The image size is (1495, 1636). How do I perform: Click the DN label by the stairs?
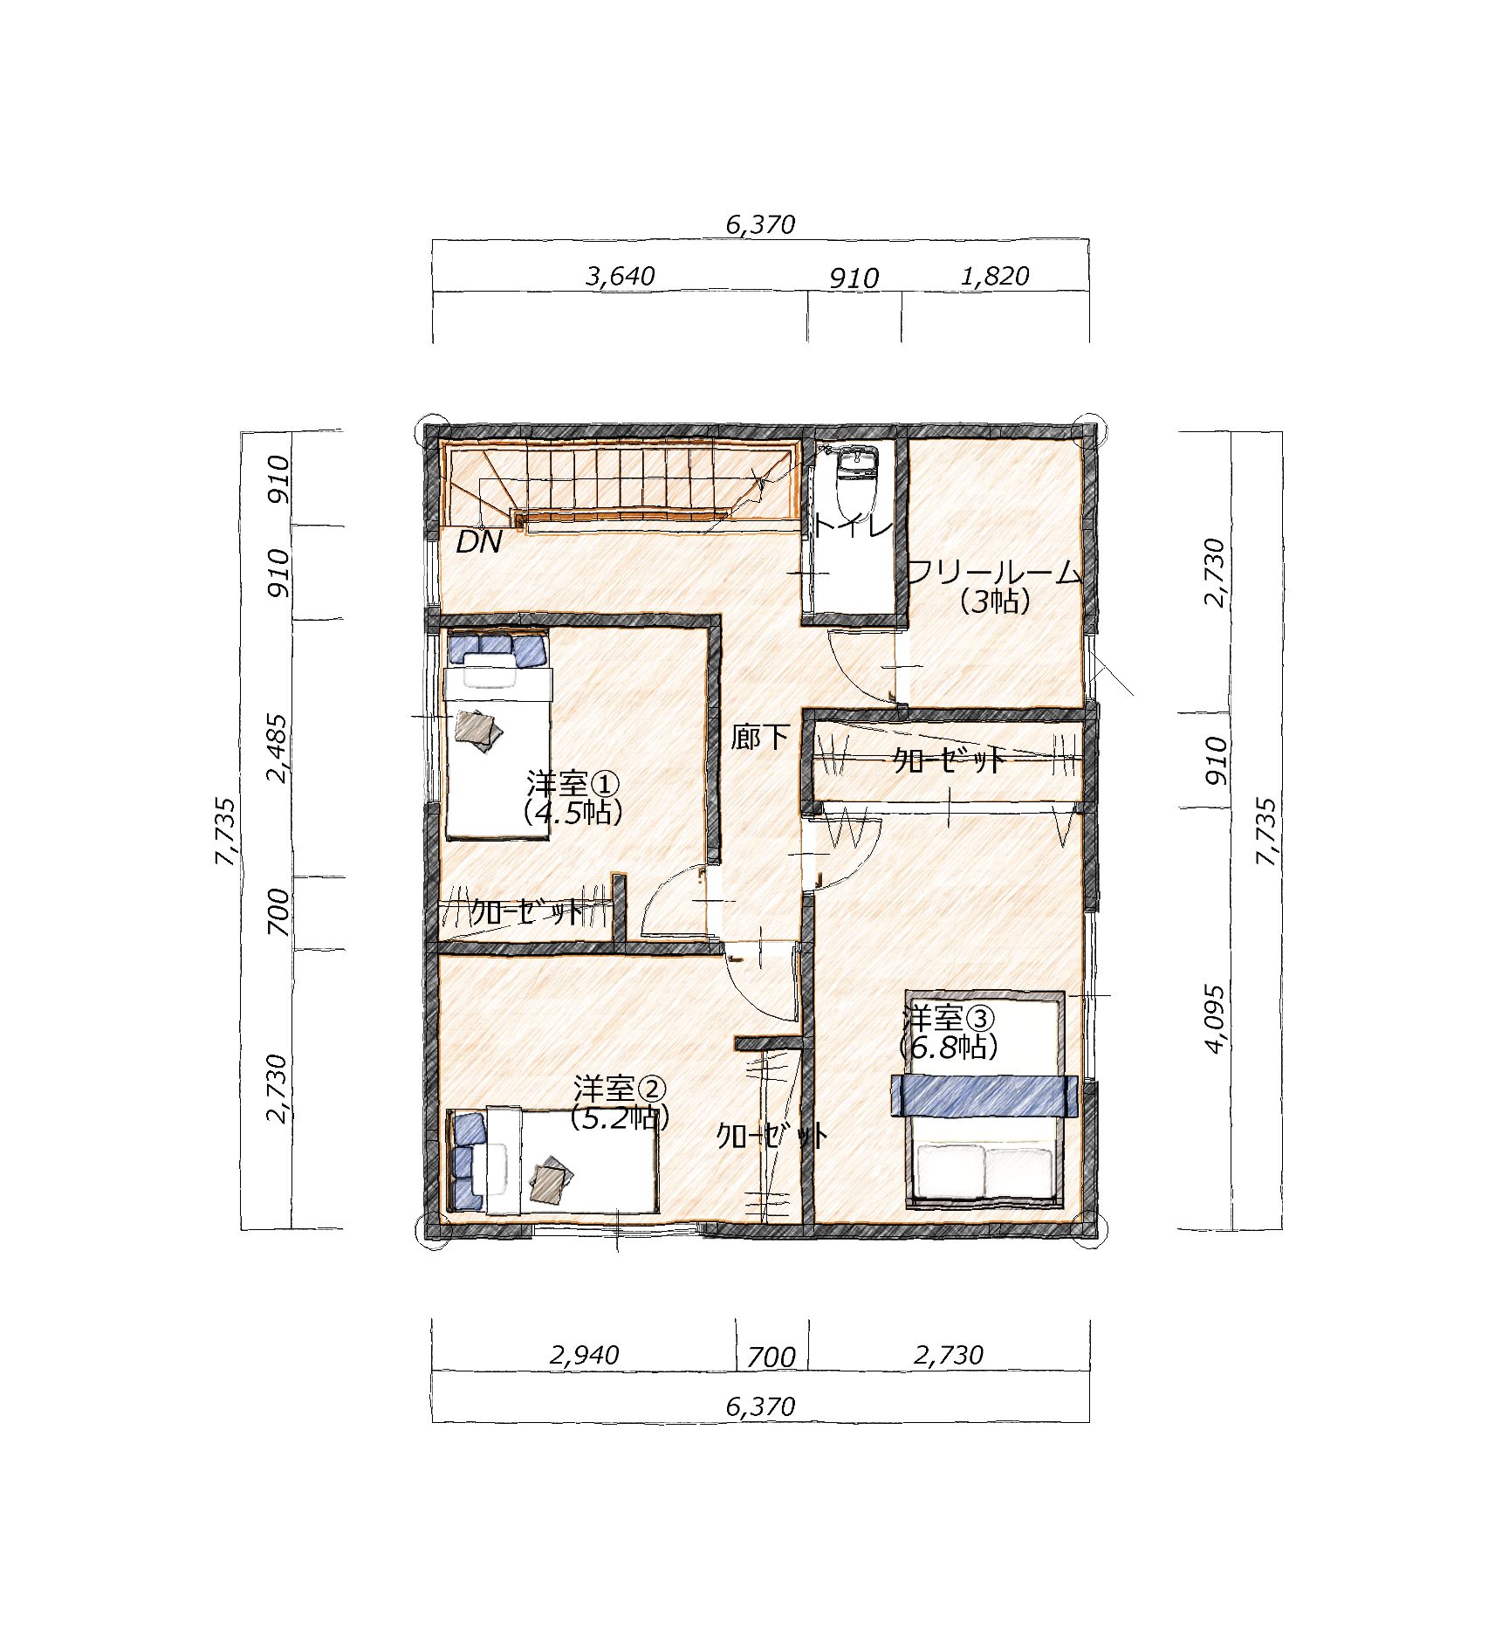(479, 542)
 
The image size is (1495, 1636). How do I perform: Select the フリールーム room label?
(995, 574)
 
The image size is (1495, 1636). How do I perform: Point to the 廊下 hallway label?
(760, 738)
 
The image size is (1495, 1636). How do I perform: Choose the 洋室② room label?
(620, 1090)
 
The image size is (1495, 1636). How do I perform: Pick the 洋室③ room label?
(948, 1018)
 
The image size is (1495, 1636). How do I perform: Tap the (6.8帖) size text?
(948, 1047)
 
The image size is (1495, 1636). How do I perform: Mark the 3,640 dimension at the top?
(621, 276)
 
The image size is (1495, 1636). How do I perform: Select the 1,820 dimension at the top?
(995, 276)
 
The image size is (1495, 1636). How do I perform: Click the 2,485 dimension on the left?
(278, 748)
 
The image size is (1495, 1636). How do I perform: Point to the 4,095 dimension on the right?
(1215, 1019)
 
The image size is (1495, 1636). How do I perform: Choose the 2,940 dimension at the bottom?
(584, 1355)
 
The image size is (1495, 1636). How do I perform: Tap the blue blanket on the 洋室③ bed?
(983, 1096)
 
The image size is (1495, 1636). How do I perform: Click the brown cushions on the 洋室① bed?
(478, 728)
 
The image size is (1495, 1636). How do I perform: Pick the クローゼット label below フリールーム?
(949, 760)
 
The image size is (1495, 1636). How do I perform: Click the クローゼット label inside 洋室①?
(526, 912)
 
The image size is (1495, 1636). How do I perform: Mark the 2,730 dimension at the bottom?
(949, 1355)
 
